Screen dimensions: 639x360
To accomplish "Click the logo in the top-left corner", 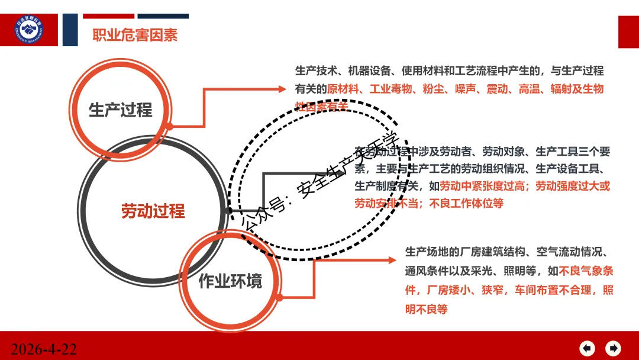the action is [30, 30].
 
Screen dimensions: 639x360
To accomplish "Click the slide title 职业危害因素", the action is [135, 35].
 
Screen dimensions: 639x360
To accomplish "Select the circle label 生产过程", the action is [120, 110].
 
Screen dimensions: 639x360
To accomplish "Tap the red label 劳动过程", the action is [153, 211].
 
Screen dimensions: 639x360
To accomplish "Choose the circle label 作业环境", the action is [230, 281].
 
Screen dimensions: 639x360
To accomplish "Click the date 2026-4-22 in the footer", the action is [44, 349].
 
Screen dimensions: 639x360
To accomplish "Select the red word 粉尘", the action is [430, 89].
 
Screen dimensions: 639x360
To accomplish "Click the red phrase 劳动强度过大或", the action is [572, 186].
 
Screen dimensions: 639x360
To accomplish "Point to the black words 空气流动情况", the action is [569, 253].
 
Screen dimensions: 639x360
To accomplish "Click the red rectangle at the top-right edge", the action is [628, 32].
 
